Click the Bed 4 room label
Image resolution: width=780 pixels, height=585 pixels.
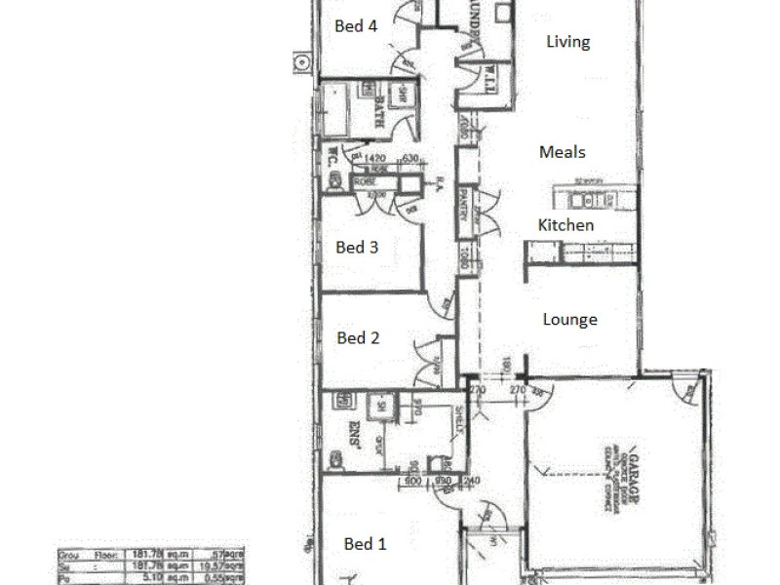pos(356,27)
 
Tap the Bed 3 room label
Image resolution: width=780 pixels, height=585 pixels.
pos(357,248)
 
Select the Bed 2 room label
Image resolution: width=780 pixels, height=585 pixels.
pos(358,338)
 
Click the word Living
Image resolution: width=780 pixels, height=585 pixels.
pos(568,42)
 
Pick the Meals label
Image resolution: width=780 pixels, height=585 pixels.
pos(563,152)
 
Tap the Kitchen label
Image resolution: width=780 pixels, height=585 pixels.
pos(565,225)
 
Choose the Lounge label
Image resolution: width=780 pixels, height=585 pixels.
pos(569,320)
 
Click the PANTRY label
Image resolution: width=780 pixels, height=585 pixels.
pos(465,205)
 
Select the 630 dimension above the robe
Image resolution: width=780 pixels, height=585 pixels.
pos(409,158)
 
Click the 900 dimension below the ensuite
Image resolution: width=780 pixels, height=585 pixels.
pos(411,481)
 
